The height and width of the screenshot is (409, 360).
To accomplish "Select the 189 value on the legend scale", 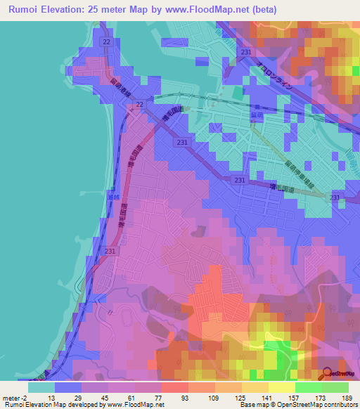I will (348, 398).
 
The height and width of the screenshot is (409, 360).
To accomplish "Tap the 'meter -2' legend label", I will (14, 398).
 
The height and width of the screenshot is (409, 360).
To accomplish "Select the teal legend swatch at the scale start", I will (41, 387).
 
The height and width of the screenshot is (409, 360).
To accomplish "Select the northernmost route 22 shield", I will (105, 43).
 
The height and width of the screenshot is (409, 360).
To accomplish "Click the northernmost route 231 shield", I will (245, 53).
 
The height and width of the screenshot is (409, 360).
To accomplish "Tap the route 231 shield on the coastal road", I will (110, 250).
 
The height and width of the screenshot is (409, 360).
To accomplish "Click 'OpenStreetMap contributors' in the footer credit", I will (316, 405).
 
